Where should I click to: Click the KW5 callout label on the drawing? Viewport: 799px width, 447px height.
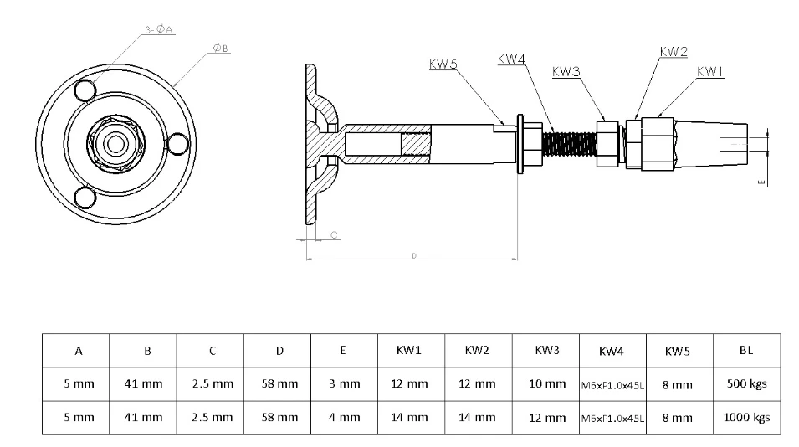pos(443,64)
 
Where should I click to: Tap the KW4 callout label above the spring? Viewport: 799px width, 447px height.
pos(511,59)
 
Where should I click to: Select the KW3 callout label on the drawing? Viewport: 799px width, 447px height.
pos(566,72)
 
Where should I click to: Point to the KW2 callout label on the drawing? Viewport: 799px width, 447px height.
pos(674,51)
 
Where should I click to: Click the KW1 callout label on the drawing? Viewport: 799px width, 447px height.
pos(710,72)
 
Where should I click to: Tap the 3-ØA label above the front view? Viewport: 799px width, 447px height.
pos(159,29)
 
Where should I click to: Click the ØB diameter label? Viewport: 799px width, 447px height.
pos(220,48)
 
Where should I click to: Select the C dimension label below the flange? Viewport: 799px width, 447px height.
pos(334,235)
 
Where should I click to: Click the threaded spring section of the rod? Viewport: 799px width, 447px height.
pos(569,144)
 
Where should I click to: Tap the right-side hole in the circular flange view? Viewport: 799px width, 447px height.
pos(178,144)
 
